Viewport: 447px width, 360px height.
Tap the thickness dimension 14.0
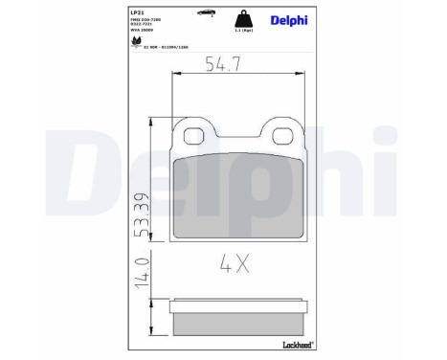click(139, 272)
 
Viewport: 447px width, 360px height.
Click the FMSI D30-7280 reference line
click(145, 21)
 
